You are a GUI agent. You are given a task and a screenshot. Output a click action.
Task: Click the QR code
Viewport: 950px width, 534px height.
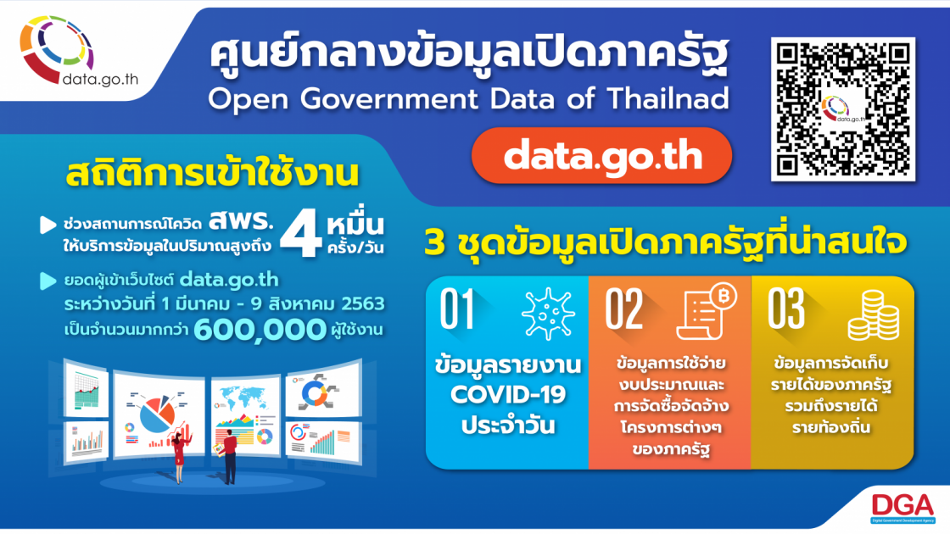pyautogui.click(x=843, y=109)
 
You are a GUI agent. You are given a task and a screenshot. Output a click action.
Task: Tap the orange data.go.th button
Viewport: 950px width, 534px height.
pyautogui.click(x=601, y=156)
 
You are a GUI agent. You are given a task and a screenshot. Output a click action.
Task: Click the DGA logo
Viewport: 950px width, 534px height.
pyautogui.click(x=902, y=508)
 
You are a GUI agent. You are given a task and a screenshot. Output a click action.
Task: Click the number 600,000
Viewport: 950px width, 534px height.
pyautogui.click(x=260, y=330)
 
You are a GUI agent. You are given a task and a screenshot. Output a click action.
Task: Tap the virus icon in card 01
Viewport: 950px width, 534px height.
pyautogui.click(x=548, y=313)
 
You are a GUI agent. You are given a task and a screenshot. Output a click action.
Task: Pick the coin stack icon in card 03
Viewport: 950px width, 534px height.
pyautogui.click(x=873, y=315)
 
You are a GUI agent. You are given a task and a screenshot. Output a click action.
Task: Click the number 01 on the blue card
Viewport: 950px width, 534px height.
pyautogui.click(x=457, y=309)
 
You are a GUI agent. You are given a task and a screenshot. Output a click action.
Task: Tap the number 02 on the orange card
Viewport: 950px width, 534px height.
pyautogui.click(x=623, y=309)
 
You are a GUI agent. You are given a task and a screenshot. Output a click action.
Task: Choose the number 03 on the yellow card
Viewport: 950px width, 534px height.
pyautogui.click(x=785, y=309)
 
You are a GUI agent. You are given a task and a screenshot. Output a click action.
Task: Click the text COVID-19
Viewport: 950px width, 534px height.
pyautogui.click(x=508, y=395)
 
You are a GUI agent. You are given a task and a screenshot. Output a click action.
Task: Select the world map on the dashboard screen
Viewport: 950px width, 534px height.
pyautogui.click(x=244, y=398)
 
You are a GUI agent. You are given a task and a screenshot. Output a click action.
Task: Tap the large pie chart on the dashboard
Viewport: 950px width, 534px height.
pyautogui.click(x=157, y=414)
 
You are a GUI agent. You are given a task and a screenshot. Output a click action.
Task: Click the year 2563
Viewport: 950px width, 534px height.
pyautogui.click(x=363, y=303)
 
